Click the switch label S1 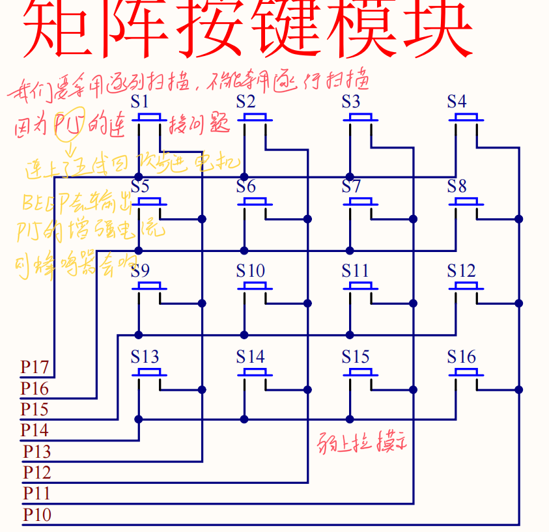(140, 102)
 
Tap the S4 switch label (457, 102)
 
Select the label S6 (246, 187)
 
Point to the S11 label (355, 271)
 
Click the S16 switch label (461, 357)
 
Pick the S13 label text (145, 357)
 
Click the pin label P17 (35, 367)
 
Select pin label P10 (37, 515)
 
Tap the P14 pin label (35, 430)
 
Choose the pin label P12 (37, 472)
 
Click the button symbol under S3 (360, 118)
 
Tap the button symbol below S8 (466, 203)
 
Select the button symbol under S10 (255, 287)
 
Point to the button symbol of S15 (360, 373)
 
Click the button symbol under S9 (149, 287)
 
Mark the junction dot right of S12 (519, 303)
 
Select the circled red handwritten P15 (68, 123)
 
